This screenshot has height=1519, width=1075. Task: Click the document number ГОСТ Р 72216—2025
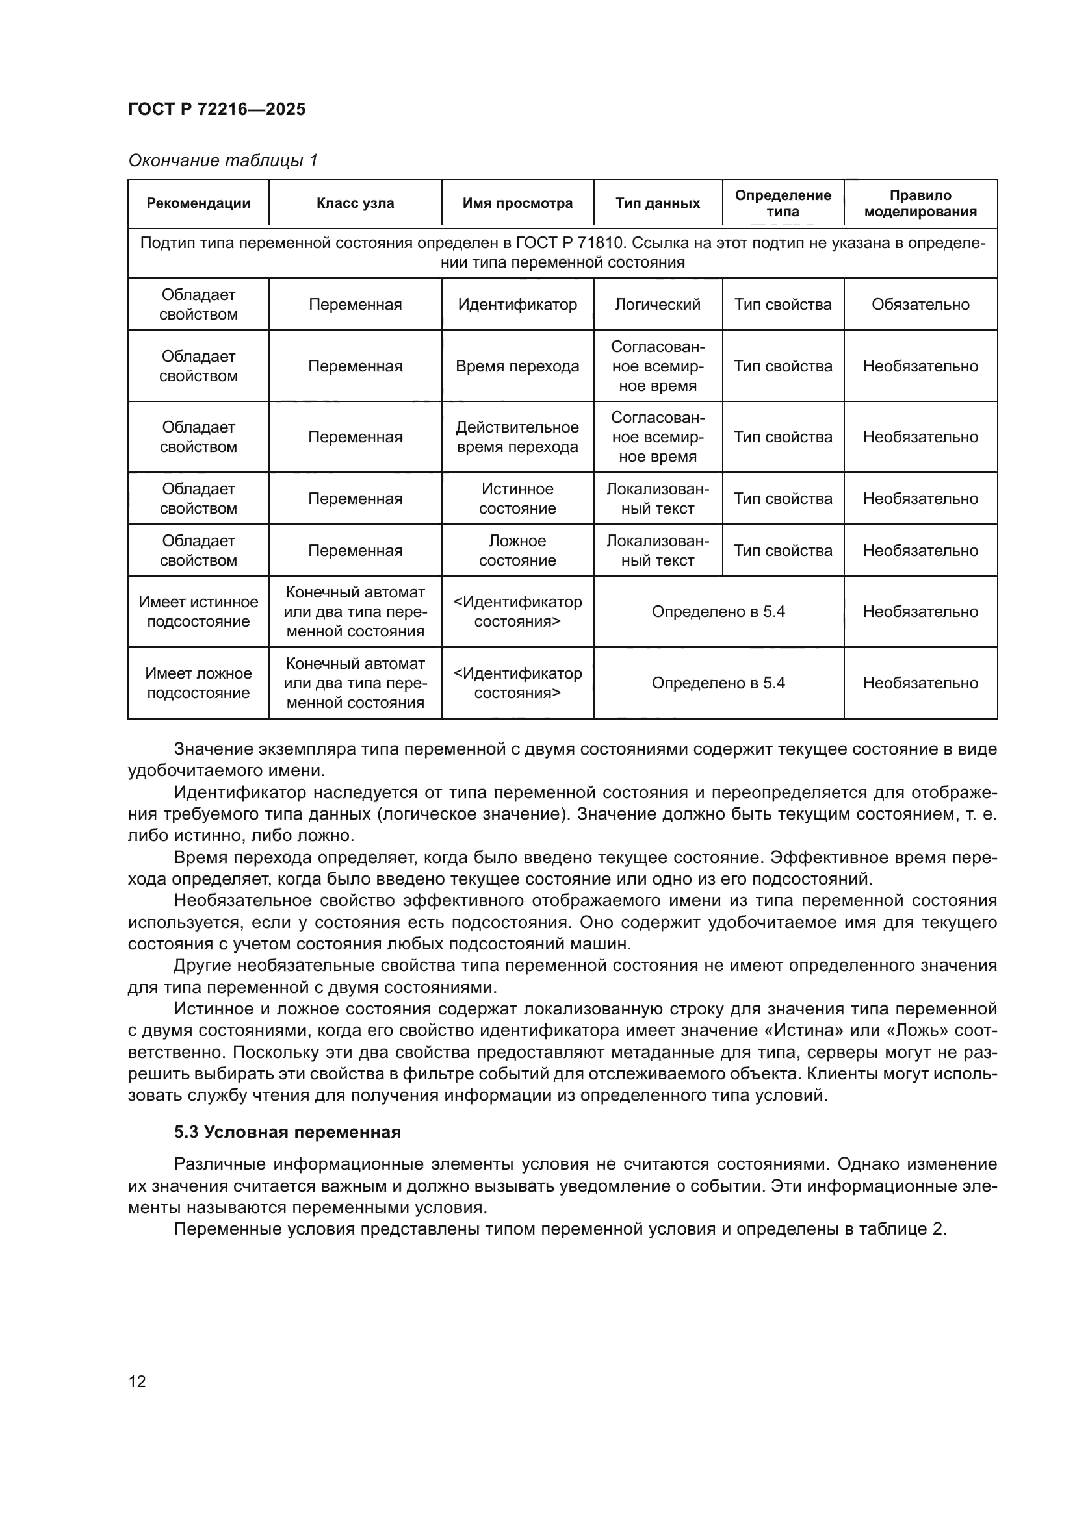click(216, 109)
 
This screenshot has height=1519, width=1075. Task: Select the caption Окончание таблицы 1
click(222, 160)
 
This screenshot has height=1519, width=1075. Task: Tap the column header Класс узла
click(355, 203)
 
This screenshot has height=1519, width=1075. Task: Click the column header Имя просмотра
click(517, 203)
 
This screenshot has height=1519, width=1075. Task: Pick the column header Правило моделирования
click(920, 203)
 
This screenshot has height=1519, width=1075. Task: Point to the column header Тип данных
click(657, 203)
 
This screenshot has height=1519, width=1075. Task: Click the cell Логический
click(657, 305)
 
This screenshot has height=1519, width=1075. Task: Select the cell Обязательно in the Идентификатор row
click(920, 305)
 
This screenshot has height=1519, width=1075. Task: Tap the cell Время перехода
click(517, 366)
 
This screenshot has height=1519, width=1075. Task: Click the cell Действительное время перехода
click(517, 436)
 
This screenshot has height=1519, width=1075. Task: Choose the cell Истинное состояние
click(517, 498)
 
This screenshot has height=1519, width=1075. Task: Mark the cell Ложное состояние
click(517, 551)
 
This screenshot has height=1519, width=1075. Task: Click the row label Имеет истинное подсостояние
click(198, 611)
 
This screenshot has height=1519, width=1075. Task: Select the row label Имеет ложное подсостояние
click(198, 683)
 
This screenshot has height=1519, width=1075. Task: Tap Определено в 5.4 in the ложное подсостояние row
click(718, 683)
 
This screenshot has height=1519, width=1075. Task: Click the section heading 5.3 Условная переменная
click(287, 1132)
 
